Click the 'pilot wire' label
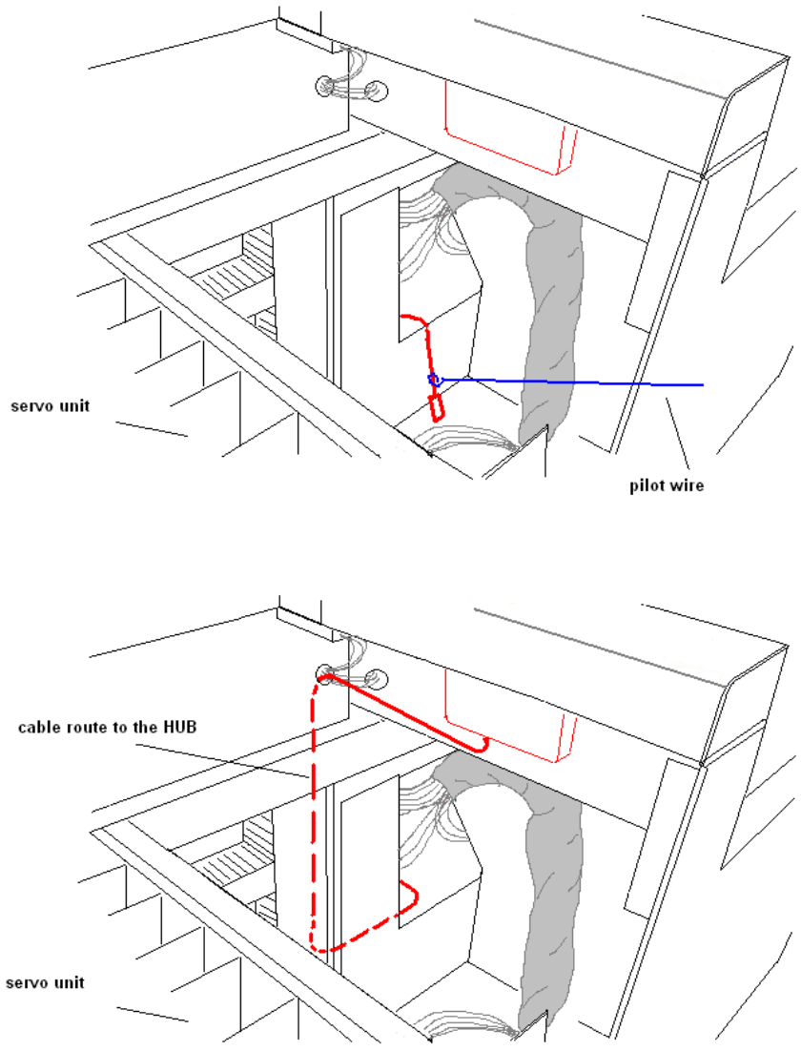click(x=666, y=484)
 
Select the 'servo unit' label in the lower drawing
click(x=45, y=981)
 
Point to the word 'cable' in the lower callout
click(x=39, y=728)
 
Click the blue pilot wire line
click(x=572, y=381)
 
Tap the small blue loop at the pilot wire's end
click(x=434, y=381)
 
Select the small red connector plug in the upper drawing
click(x=438, y=407)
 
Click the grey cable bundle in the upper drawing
click(x=548, y=305)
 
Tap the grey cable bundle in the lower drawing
click(x=548, y=877)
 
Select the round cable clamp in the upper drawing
click(x=350, y=88)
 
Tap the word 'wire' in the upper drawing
click(x=687, y=484)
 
